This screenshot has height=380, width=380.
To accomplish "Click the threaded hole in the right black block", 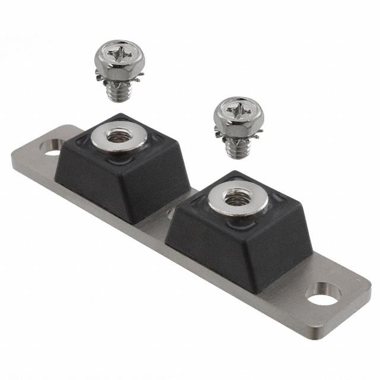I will coord(237,199).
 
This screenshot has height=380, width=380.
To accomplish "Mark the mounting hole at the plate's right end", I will coord(324,293).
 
